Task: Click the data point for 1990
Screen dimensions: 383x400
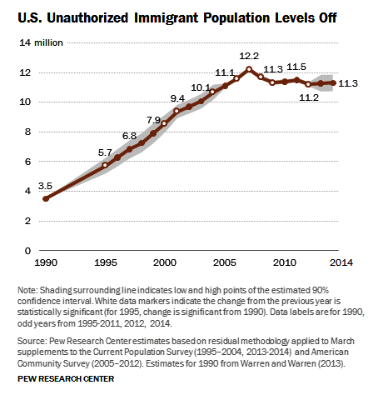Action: coord(46,198)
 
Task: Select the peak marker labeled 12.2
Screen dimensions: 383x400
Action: coord(249,69)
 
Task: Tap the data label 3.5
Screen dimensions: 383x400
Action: coord(45,186)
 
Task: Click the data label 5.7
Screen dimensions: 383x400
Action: coord(105,152)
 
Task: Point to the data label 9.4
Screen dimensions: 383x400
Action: coord(177,98)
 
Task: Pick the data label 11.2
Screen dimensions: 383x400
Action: coord(309,97)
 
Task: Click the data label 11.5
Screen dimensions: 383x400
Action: coord(296,67)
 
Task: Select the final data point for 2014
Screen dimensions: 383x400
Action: coord(333,82)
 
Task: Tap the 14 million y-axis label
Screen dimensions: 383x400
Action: coord(41,42)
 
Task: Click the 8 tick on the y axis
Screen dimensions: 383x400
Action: coord(27,132)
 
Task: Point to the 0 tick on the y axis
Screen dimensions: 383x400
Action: coord(27,251)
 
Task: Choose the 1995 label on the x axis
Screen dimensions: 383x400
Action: coord(106,262)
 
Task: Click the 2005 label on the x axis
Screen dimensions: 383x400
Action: coord(225,262)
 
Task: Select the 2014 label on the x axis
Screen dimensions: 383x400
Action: coord(341,262)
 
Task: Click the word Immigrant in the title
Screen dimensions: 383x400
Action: coord(166,18)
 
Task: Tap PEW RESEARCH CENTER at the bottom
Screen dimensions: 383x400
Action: coord(66,379)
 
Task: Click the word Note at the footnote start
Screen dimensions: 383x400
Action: coord(27,290)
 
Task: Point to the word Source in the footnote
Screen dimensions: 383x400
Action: coord(31,341)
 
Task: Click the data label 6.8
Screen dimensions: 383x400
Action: coord(129,136)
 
